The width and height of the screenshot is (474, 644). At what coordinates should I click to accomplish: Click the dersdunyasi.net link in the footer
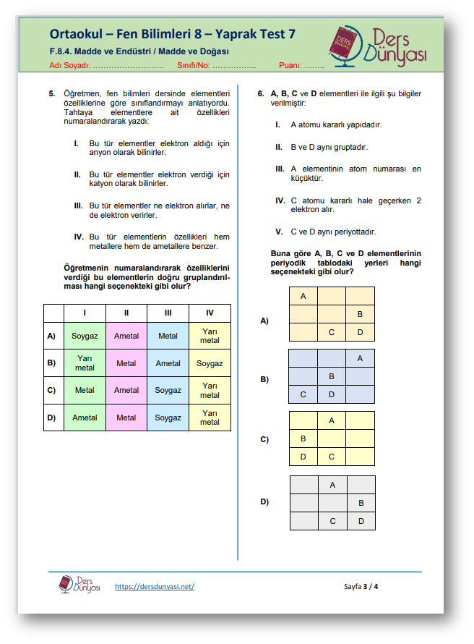(x=155, y=586)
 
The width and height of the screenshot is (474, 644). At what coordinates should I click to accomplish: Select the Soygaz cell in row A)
(x=85, y=336)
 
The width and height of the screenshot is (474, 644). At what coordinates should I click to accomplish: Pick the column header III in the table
(x=168, y=313)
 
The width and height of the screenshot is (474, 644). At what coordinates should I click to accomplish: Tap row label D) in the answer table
(x=51, y=418)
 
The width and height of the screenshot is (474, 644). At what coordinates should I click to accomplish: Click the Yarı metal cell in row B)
(x=85, y=363)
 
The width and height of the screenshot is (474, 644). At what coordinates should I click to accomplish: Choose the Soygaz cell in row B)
(x=210, y=363)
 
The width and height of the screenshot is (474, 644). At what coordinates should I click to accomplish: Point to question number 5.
(x=52, y=94)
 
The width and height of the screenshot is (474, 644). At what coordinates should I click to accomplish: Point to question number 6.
(x=261, y=94)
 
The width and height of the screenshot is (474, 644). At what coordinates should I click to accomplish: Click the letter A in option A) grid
(x=303, y=296)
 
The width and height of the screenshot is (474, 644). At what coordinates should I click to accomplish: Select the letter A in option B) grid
(x=360, y=358)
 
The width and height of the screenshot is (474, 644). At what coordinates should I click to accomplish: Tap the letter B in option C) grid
(x=303, y=438)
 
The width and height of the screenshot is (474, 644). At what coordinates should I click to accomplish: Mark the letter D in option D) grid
(x=361, y=521)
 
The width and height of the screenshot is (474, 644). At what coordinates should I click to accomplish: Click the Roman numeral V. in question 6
(x=279, y=232)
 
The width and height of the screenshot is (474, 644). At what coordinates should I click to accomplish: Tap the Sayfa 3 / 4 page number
(x=361, y=586)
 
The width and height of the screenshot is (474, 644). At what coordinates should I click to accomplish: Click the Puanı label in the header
(x=289, y=65)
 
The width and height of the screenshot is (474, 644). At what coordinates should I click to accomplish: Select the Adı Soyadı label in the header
(x=69, y=65)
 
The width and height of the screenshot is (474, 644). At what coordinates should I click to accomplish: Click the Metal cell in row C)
(x=85, y=391)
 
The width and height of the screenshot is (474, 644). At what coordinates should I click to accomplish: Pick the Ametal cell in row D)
(x=85, y=418)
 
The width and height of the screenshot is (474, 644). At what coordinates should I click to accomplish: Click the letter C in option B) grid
(x=303, y=394)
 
